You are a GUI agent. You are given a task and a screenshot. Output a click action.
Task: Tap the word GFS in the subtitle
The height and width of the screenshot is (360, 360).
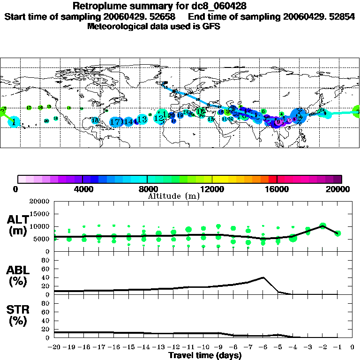(211, 26)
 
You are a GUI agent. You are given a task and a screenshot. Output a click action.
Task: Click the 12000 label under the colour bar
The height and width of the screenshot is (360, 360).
(212, 189)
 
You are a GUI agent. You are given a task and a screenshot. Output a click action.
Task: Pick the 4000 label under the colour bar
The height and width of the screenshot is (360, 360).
(82, 189)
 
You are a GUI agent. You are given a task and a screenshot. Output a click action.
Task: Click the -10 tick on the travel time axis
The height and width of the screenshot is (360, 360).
(203, 347)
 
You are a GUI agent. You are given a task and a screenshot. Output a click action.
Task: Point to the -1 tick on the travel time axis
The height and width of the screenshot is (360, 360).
(337, 347)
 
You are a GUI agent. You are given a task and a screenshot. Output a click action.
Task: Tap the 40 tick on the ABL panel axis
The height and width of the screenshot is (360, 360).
(46, 277)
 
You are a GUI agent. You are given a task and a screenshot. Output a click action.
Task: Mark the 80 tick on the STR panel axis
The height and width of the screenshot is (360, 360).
(46, 303)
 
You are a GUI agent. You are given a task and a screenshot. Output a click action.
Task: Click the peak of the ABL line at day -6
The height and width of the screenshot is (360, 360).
(263, 277)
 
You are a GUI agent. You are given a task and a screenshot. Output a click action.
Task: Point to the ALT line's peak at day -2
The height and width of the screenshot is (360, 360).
(322, 226)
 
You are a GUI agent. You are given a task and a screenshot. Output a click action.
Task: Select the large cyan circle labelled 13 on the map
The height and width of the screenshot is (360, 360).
(142, 120)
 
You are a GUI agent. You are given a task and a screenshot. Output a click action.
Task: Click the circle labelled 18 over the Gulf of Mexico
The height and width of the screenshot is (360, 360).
(95, 120)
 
